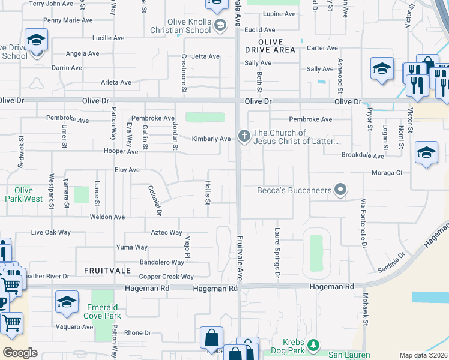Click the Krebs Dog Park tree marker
pyautogui.click(x=312, y=346)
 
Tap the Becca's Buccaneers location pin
pyautogui.click(x=340, y=191)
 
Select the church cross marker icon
pyautogui.click(x=244, y=136)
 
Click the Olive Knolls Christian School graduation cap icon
pyautogui.click(x=220, y=25)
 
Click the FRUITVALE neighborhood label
pyautogui.click(x=108, y=271)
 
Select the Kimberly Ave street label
pyautogui.click(x=211, y=139)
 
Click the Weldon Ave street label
pyautogui.click(x=107, y=217)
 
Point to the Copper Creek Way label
pyautogui.click(x=166, y=277)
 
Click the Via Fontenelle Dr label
pyautogui.click(x=363, y=223)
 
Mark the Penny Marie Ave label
pyautogui.click(x=68, y=20)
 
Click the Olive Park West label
pyautogui.click(x=25, y=194)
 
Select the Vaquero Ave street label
pyautogui.click(x=74, y=327)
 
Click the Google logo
pyautogui.click(x=20, y=353)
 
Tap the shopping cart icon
pyautogui.click(x=11, y=325)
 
